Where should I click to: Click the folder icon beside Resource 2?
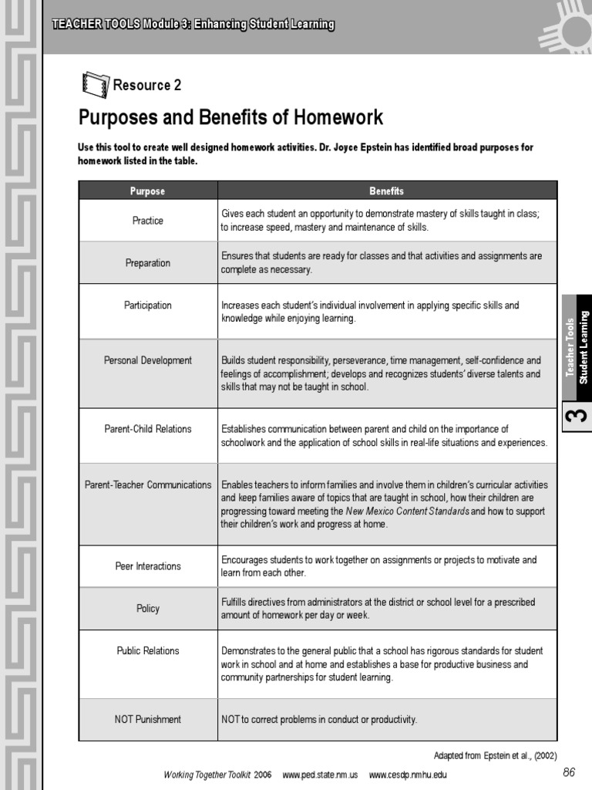pyautogui.click(x=96, y=84)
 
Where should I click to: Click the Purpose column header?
pyautogui.click(x=147, y=191)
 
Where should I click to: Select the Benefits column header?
pyautogui.click(x=386, y=191)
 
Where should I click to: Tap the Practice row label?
pyautogui.click(x=147, y=221)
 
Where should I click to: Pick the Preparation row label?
pyautogui.click(x=147, y=263)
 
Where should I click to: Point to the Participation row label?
pyautogui.click(x=147, y=306)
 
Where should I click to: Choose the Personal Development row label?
pyautogui.click(x=147, y=360)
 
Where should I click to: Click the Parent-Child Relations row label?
pyautogui.click(x=147, y=429)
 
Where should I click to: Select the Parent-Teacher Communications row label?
pyautogui.click(x=147, y=485)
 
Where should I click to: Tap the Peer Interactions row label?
pyautogui.click(x=147, y=566)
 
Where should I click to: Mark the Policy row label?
pyautogui.click(x=147, y=609)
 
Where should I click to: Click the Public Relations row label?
pyautogui.click(x=147, y=651)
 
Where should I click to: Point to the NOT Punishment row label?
pyautogui.click(x=147, y=720)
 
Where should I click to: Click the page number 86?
pyautogui.click(x=569, y=772)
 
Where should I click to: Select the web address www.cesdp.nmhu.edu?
pyautogui.click(x=407, y=775)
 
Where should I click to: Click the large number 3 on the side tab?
pyautogui.click(x=577, y=416)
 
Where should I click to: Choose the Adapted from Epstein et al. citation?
pyautogui.click(x=495, y=755)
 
